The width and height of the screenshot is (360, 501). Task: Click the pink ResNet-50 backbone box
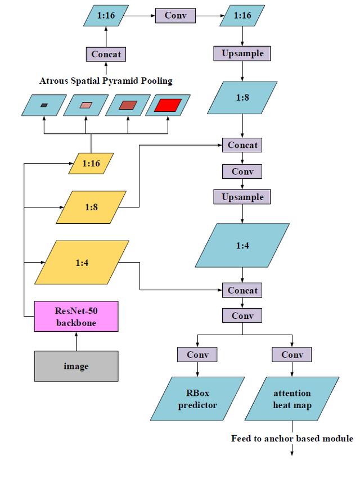tap(76, 316)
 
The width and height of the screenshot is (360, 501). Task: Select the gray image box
tap(76, 366)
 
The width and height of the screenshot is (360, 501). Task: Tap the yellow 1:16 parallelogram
tap(91, 164)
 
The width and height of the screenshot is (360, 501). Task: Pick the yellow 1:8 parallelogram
tap(91, 207)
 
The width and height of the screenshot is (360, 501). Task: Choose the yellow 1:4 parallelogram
tap(82, 263)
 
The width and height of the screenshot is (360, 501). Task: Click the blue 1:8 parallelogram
tap(242, 98)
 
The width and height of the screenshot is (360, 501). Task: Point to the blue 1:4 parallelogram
tap(242, 245)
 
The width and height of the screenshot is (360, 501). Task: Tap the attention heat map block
tap(292, 399)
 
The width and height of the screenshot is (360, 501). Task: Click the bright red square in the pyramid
tap(167, 105)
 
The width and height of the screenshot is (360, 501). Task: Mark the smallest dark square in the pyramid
tap(44, 105)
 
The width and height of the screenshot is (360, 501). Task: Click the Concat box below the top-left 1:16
tap(105, 54)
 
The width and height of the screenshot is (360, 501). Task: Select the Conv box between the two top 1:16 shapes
tap(175, 16)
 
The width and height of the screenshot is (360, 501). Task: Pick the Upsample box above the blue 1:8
tap(242, 53)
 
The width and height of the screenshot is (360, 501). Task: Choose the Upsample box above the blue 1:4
tap(242, 197)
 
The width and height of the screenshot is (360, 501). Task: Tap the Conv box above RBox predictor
tap(197, 355)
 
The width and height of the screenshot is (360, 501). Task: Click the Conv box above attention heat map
tap(292, 355)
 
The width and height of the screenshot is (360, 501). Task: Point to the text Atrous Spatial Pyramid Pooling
tap(106, 81)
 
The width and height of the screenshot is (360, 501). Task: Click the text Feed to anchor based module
tap(292, 439)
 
